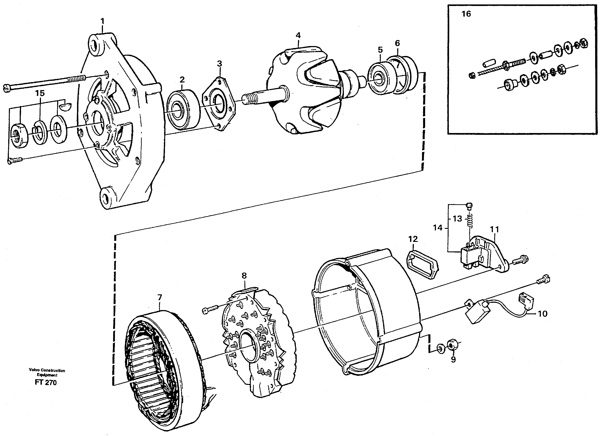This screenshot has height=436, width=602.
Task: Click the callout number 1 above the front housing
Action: pyautogui.click(x=103, y=21)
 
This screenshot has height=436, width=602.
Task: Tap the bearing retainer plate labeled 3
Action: pyautogui.click(x=219, y=104)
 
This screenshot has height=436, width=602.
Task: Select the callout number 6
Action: pyautogui.click(x=397, y=43)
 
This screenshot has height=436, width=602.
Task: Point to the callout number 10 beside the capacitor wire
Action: pyautogui.click(x=542, y=314)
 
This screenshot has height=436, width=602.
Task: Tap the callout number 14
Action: pyautogui.click(x=438, y=228)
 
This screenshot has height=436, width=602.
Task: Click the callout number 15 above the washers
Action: pyautogui.click(x=40, y=93)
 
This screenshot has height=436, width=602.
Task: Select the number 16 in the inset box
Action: pyautogui.click(x=466, y=14)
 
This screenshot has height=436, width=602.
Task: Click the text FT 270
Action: pyautogui.click(x=46, y=382)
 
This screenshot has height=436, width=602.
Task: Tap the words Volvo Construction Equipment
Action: pyautogui.click(x=47, y=372)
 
